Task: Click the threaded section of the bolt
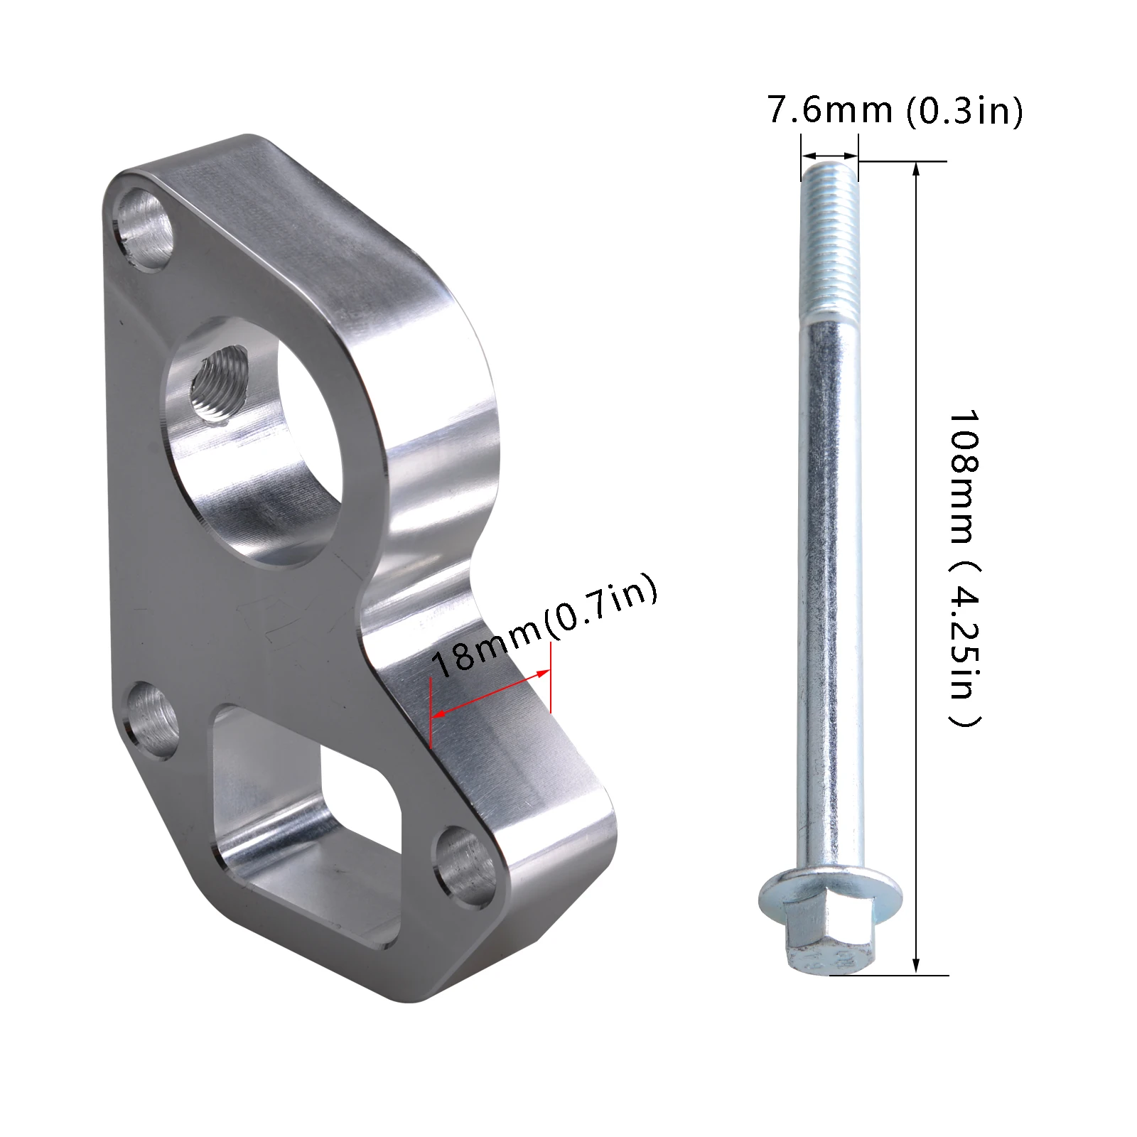point(829,242)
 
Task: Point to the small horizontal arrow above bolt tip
point(829,156)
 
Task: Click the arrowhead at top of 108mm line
point(916,168)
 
